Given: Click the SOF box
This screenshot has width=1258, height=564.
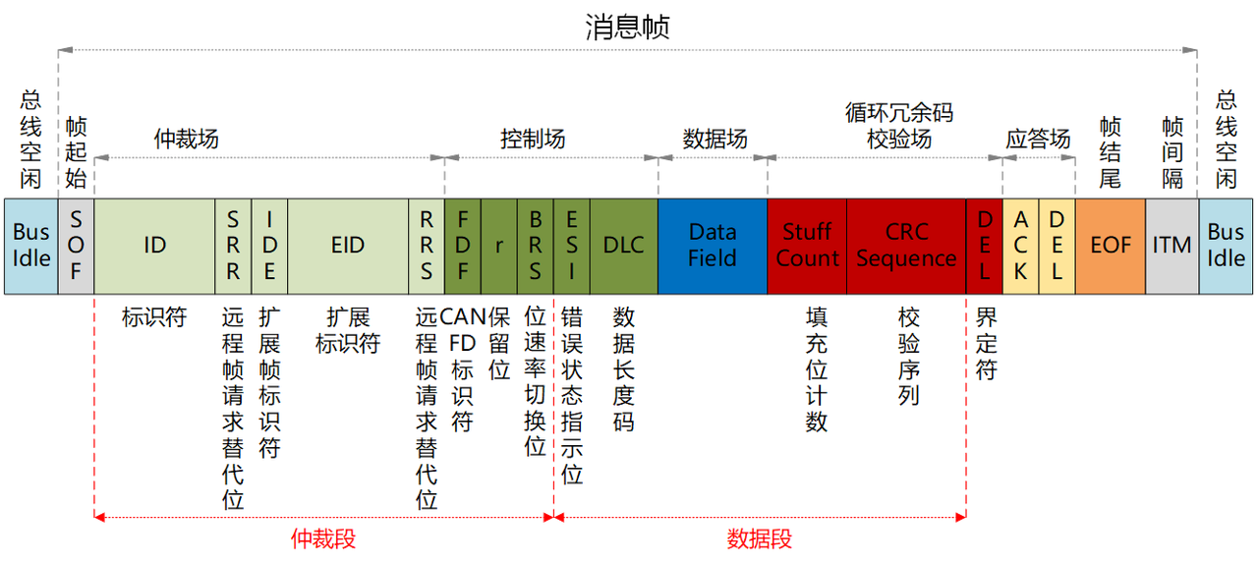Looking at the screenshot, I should (x=77, y=246).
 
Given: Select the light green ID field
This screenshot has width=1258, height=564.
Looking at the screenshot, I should (x=155, y=246).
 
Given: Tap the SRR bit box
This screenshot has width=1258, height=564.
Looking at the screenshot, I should (x=233, y=246).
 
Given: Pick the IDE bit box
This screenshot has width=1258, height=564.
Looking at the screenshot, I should (x=270, y=246).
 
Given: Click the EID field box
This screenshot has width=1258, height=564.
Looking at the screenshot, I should (x=348, y=246).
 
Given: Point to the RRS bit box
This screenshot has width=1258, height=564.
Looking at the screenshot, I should (x=427, y=246).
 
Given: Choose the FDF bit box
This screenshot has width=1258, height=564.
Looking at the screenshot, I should (x=463, y=246).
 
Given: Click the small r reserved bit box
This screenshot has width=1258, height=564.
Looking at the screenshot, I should (x=499, y=246).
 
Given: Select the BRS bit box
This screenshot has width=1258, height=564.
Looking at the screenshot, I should (x=536, y=246).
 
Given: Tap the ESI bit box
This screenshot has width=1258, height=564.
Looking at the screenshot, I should (x=572, y=246).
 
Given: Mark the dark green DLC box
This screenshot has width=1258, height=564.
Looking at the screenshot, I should (x=624, y=246).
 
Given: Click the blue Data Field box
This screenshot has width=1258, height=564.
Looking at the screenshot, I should (x=713, y=246).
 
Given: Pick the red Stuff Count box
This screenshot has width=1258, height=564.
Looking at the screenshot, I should (x=807, y=246).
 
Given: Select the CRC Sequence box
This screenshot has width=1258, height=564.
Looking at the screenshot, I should (x=906, y=246).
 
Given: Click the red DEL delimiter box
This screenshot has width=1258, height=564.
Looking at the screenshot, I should (x=984, y=246).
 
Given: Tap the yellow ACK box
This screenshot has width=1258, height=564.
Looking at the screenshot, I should (x=1021, y=246).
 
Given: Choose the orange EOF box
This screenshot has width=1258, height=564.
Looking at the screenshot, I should (x=1111, y=246).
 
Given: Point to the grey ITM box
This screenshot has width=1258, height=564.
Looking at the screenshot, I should (x=1172, y=246).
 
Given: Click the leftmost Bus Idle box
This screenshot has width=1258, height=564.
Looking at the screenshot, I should (x=31, y=246).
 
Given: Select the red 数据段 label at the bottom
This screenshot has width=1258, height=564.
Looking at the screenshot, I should (x=760, y=539).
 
